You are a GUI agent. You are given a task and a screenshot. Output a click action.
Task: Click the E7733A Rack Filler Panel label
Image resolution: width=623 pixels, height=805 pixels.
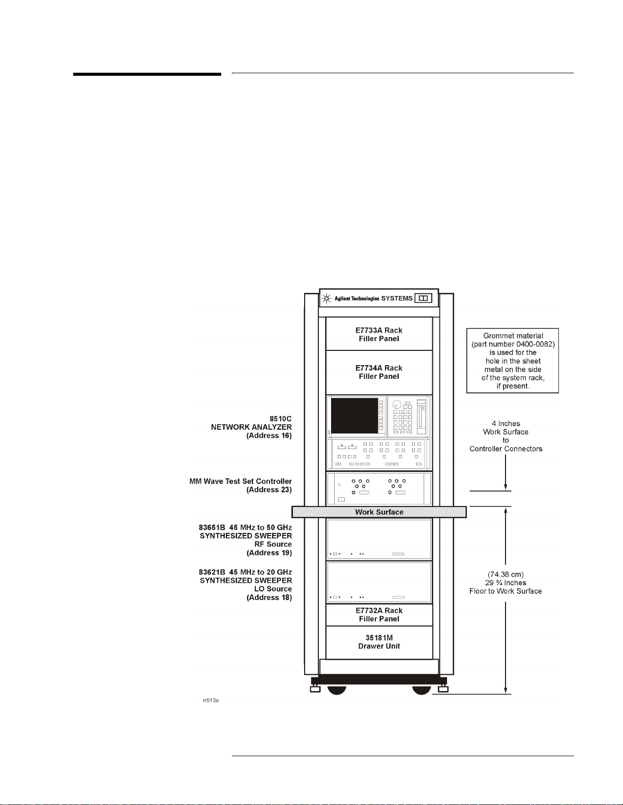pos(379,335)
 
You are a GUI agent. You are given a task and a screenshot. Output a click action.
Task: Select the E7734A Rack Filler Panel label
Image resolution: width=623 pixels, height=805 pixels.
pos(379,372)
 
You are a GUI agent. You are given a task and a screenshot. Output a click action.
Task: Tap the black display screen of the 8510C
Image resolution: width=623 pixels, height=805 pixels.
pos(354,415)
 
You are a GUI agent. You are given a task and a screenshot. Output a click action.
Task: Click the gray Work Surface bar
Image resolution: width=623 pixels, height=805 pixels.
pos(379,512)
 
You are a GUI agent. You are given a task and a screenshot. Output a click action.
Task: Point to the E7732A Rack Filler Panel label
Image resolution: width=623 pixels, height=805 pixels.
pos(379,615)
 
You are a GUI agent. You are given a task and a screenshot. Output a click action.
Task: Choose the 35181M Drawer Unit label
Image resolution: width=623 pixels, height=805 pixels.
pos(379,642)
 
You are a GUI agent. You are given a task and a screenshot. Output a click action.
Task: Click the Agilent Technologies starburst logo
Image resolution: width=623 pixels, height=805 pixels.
pos(327,299)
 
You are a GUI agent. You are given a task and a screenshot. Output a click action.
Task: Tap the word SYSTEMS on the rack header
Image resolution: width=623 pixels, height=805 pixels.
pos(397,299)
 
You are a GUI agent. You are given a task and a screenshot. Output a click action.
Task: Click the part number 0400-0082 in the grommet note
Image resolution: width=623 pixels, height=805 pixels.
pos(533,344)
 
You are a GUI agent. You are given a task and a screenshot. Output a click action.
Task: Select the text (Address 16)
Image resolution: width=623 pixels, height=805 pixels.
pos(269,436)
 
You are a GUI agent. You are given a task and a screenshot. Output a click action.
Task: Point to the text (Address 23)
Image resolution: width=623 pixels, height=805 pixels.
pos(269,490)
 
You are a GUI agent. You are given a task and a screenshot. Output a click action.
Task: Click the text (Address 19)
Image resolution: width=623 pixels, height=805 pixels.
pos(269,553)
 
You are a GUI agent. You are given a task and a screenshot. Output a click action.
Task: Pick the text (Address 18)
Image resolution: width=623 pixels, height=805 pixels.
pos(269,598)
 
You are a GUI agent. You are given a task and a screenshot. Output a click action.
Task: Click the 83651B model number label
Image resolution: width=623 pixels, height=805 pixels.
pos(212,527)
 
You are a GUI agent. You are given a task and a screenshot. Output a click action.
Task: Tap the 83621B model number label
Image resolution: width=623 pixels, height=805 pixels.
pos(212,572)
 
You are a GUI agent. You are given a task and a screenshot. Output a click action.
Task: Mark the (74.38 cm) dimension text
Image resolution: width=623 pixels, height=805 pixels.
pos(506,575)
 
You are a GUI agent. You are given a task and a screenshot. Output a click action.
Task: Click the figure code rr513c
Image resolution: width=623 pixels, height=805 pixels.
pos(211,701)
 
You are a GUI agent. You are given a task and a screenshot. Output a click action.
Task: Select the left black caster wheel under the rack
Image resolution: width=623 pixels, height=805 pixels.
pos(336,690)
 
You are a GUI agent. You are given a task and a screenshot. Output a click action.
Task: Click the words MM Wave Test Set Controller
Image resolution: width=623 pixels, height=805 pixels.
pos(241,481)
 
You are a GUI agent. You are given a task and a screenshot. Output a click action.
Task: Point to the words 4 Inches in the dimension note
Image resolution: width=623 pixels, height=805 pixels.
pos(506,424)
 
